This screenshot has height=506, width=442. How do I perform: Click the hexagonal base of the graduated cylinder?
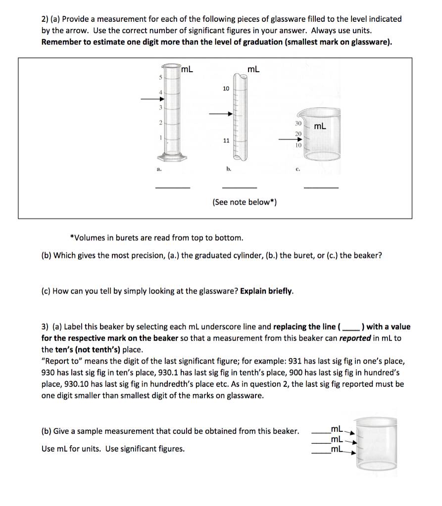174,158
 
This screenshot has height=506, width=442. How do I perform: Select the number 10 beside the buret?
226,88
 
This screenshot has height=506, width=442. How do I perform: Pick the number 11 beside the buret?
226,140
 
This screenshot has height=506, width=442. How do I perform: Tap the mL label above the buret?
253,69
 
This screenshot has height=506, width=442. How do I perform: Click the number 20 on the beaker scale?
298,133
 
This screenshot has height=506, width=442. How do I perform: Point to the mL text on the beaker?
320,126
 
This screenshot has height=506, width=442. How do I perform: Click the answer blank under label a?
173,187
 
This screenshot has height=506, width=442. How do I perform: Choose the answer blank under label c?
321,187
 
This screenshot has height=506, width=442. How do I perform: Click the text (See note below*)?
245,202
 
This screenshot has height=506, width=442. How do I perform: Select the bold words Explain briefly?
267,291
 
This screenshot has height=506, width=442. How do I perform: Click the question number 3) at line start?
45,327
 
